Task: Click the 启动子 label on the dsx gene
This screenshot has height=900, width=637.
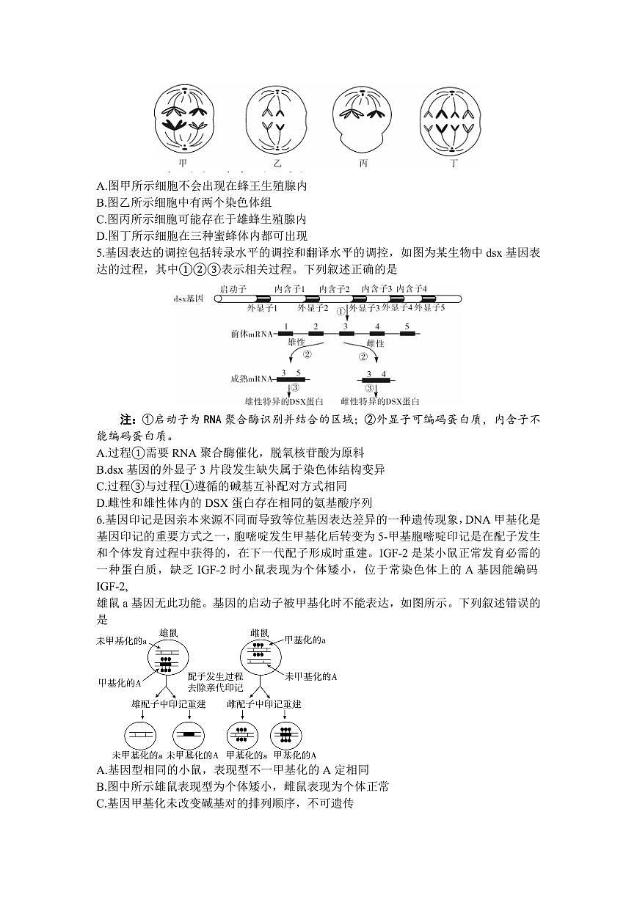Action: click(233, 290)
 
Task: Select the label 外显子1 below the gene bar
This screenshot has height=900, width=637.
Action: click(262, 308)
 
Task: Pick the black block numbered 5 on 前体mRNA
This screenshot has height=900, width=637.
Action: click(407, 334)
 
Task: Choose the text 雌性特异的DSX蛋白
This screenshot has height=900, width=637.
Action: click(380, 401)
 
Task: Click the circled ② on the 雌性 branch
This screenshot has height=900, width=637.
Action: click(362, 356)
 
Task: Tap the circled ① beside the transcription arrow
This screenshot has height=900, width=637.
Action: click(341, 311)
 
